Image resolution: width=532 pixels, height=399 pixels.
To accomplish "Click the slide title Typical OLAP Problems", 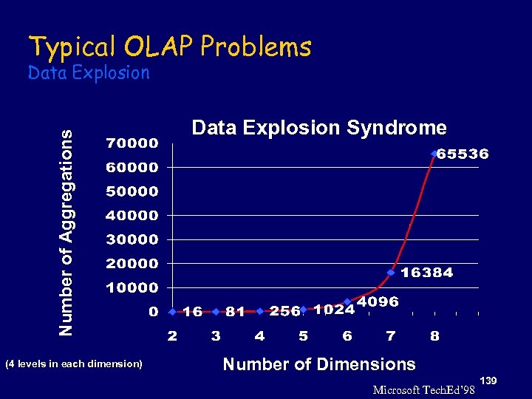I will coord(169,47).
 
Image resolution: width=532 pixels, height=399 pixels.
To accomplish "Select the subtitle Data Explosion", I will coord(88,72).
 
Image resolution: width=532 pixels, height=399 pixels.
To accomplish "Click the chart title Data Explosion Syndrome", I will coord(318,128).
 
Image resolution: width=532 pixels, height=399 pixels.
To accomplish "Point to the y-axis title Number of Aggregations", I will coord(66,232).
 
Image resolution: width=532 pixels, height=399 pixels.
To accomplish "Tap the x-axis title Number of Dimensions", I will coord(318,364).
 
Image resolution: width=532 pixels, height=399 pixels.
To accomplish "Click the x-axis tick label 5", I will coord(303,336).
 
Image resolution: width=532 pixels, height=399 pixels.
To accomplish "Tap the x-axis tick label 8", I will coord(434,336).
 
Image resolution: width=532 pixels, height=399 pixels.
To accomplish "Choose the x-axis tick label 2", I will coord(171,336).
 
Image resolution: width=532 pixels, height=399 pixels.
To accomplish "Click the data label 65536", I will coord(463,154).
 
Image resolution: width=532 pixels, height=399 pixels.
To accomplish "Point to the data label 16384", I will coord(427,273).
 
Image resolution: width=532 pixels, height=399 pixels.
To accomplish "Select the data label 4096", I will coord(378,301).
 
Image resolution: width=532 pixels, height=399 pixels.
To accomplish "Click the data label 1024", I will coord(333,310).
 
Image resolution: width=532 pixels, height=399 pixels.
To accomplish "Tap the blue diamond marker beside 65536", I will coord(434,154).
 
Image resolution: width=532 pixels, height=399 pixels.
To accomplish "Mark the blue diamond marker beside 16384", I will coord(391,272).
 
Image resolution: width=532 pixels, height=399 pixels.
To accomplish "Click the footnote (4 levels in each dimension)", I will coord(74,364).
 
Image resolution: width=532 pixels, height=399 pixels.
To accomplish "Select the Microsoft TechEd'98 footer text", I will coord(423,390).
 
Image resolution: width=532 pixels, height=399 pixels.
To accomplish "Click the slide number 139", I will coord(488,380).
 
